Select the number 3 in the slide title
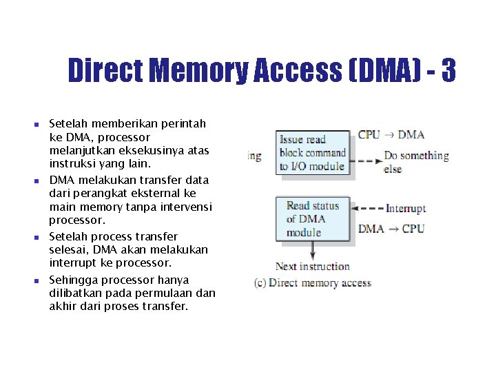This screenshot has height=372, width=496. click(448, 70)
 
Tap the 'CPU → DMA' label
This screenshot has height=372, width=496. click(391, 134)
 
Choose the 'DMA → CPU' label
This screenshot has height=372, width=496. click(391, 229)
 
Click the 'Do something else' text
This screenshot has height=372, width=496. click(415, 162)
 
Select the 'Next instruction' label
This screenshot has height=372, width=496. click(312, 267)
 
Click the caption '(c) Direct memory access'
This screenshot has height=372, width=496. click(312, 282)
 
